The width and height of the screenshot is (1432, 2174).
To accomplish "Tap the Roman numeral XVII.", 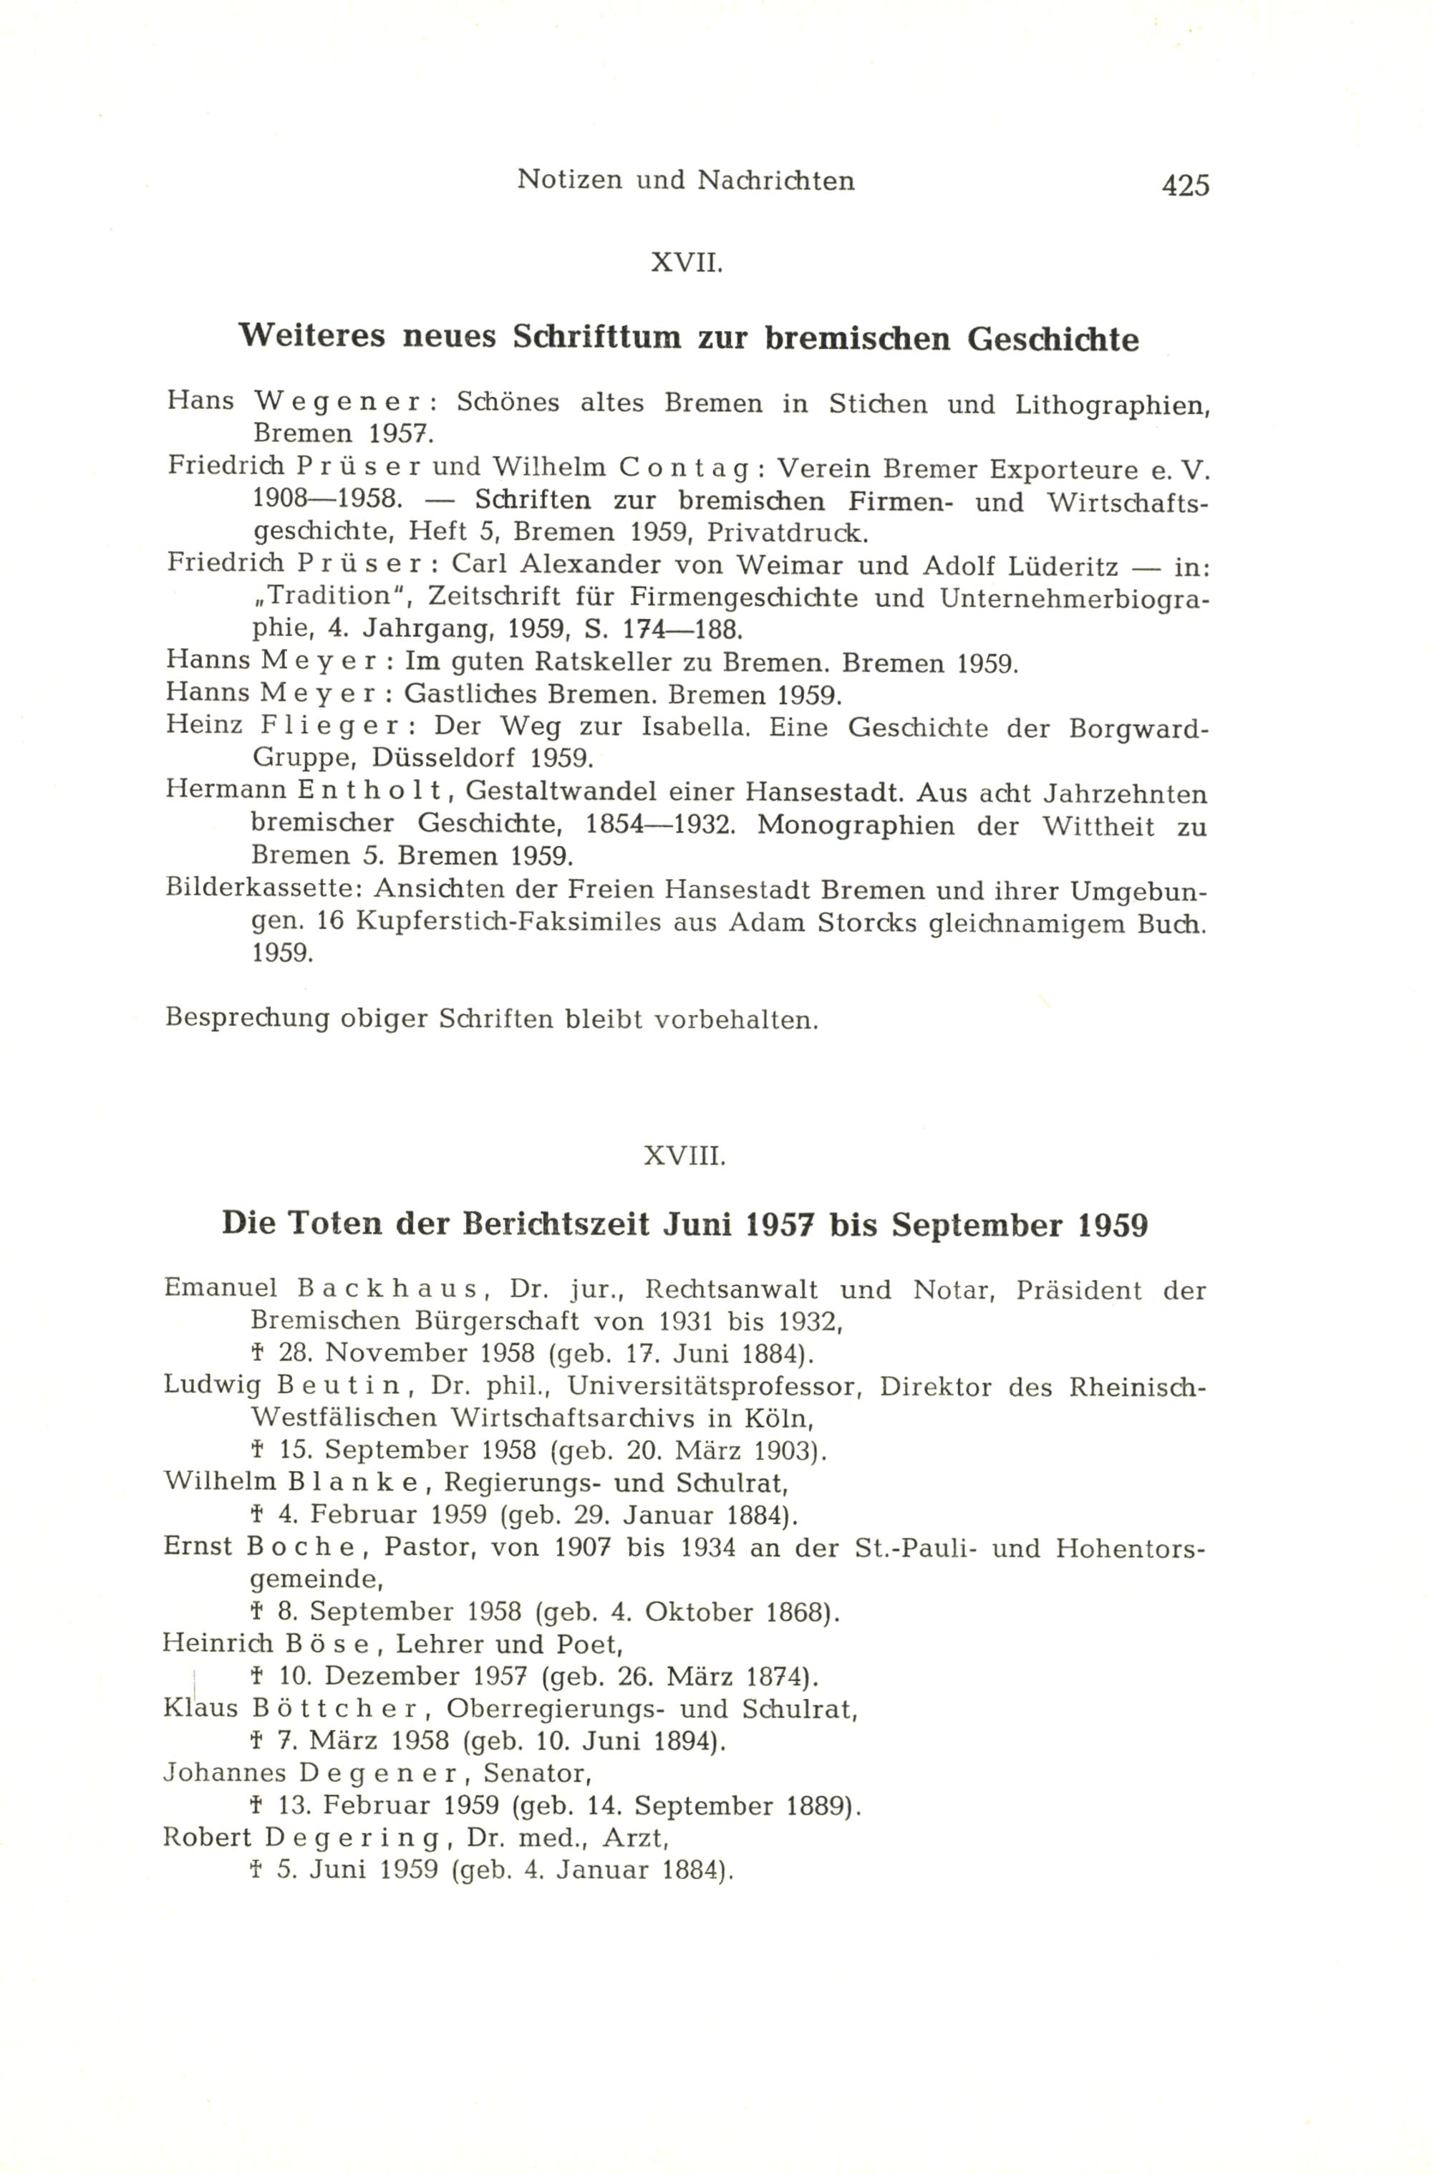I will tap(686, 264).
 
